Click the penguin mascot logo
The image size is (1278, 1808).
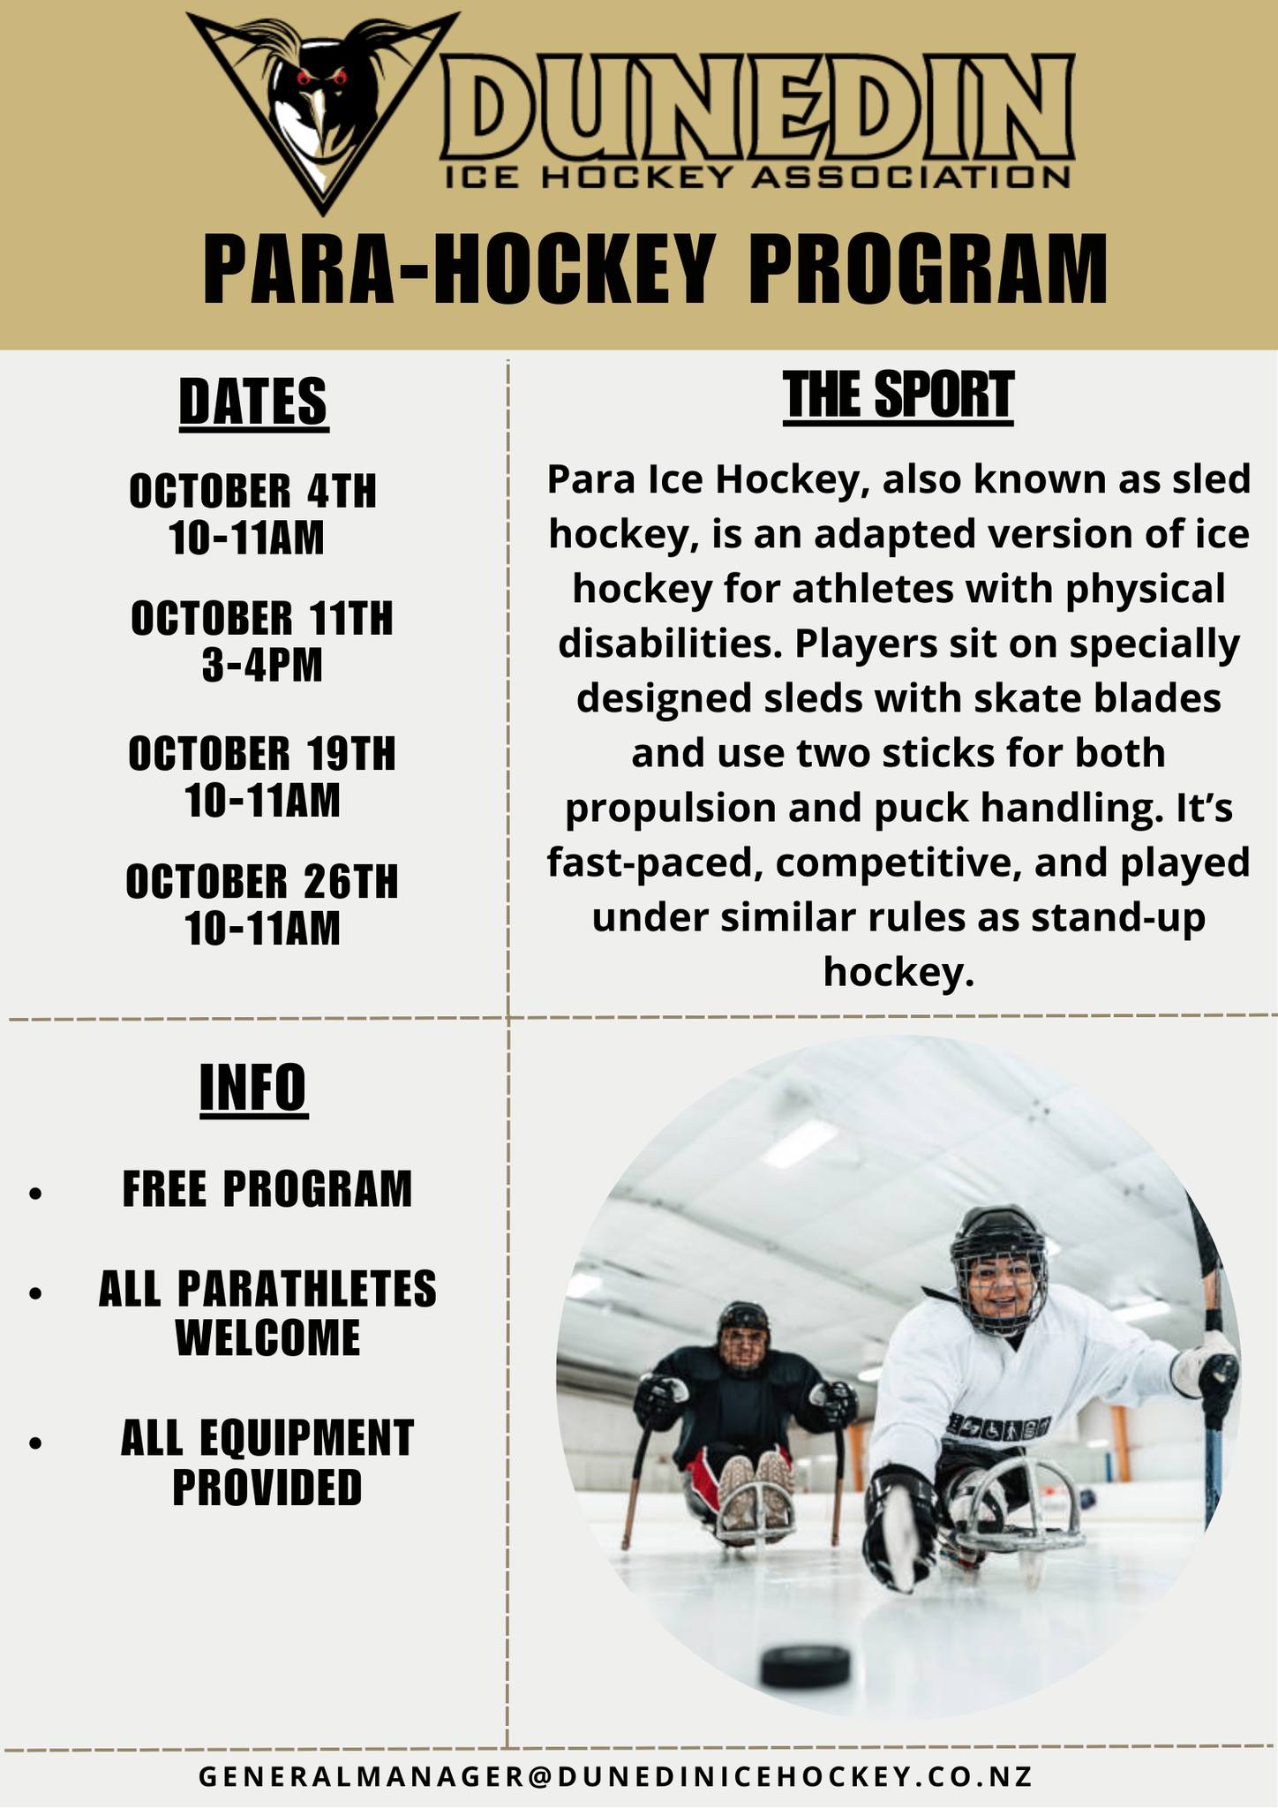point(323,106)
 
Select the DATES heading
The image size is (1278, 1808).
point(253,402)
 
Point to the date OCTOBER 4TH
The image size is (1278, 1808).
point(253,491)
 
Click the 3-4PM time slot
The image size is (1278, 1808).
point(262,665)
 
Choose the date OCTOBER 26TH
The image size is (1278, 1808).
point(262,881)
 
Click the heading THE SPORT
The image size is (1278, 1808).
point(898,395)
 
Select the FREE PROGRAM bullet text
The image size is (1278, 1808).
point(267,1188)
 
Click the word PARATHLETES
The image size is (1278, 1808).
point(306,1289)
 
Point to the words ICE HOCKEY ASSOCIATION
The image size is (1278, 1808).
point(758,177)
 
